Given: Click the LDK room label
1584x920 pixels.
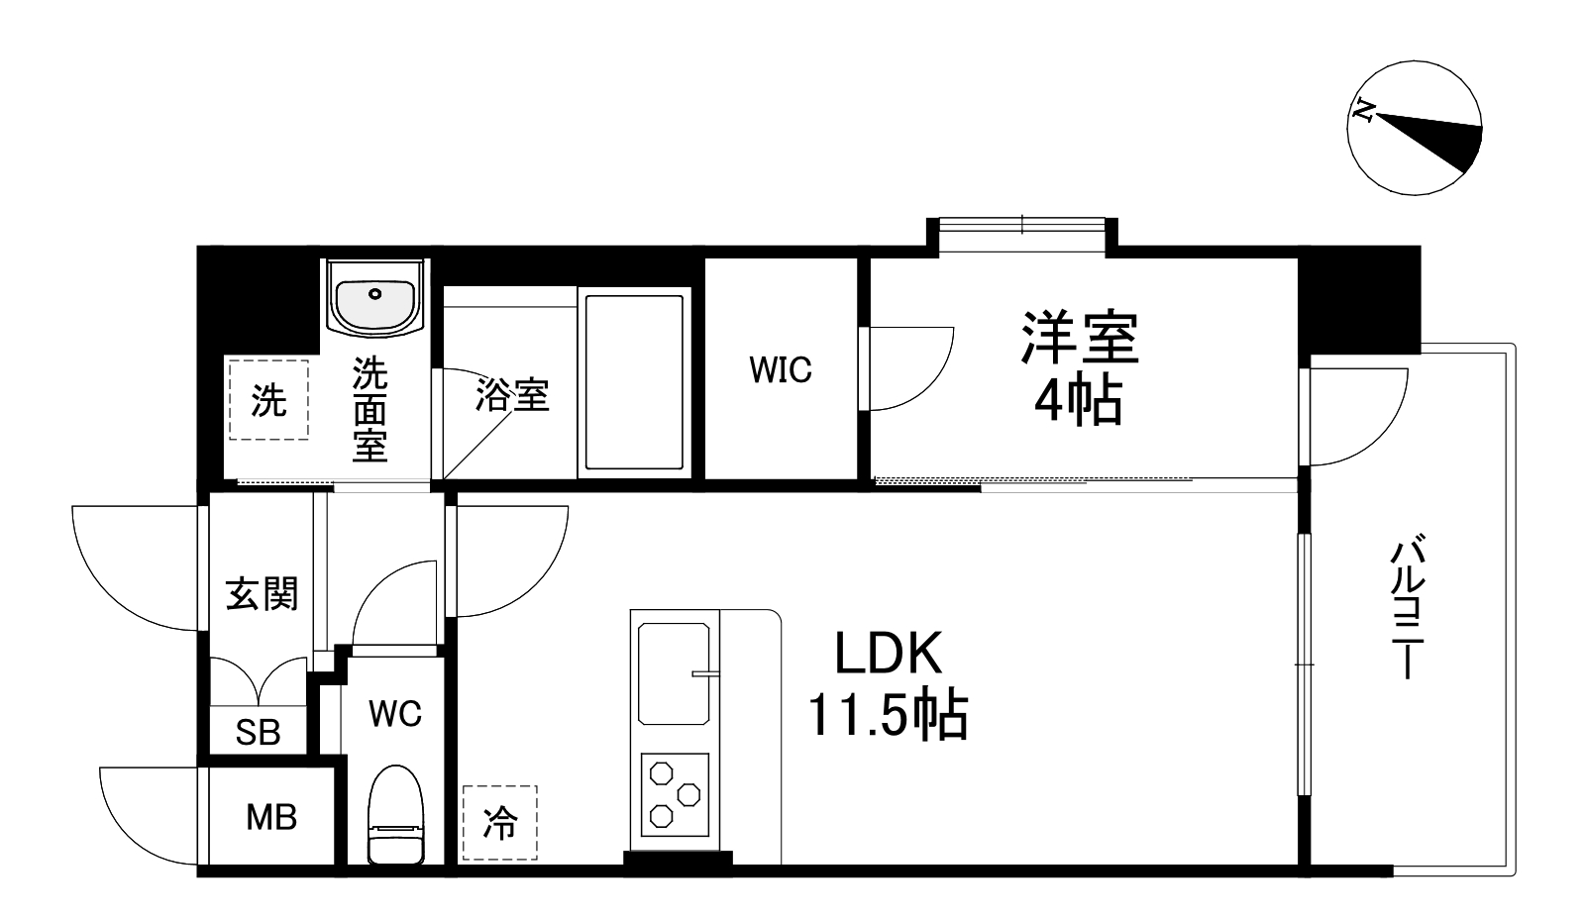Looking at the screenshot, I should click(887, 654).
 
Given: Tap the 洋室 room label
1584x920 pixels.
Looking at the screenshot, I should click(1080, 339).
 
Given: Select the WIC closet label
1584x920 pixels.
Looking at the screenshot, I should click(781, 370).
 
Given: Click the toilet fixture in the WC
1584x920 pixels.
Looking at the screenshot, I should click(395, 815).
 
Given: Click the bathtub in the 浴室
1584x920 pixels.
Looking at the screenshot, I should click(634, 381).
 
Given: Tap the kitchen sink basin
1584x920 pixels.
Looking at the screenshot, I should click(675, 673).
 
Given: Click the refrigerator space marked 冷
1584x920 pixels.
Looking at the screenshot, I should click(500, 822).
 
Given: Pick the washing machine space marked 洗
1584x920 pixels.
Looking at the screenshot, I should click(268, 400).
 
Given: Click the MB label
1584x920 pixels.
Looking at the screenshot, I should click(271, 818).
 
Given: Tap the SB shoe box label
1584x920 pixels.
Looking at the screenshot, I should click(258, 733).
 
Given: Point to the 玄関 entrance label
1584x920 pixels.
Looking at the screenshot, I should click(262, 594).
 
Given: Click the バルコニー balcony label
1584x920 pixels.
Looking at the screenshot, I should click(1408, 608).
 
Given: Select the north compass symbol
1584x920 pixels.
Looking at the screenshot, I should click(1415, 129).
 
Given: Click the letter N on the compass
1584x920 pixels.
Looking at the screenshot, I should click(1365, 111).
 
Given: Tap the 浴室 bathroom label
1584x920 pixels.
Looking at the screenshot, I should click(512, 395).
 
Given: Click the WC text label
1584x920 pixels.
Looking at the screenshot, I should click(395, 713).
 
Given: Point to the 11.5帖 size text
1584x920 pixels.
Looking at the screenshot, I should click(888, 715).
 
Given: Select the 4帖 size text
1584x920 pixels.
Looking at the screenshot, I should click(1079, 401).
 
